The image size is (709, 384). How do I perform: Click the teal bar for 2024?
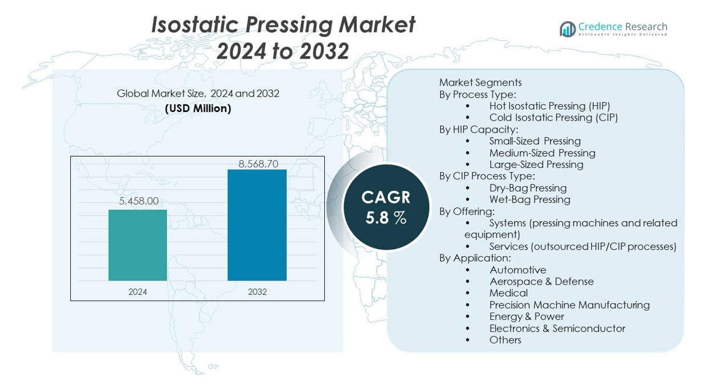click(x=138, y=245)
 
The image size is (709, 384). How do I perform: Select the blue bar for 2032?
click(x=257, y=225)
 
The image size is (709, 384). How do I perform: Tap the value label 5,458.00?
click(x=139, y=201)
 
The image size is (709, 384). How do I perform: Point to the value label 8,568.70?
click(x=258, y=164)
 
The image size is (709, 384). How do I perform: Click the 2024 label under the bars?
click(x=138, y=291)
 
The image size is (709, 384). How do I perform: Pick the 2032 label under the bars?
click(x=257, y=291)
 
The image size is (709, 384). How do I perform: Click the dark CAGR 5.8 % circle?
click(x=386, y=207)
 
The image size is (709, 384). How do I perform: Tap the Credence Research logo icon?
click(x=567, y=29)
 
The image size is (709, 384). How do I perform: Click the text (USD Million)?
click(x=198, y=109)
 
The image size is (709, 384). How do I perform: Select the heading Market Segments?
click(x=480, y=82)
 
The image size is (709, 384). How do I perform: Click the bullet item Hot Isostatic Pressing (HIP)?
click(x=549, y=106)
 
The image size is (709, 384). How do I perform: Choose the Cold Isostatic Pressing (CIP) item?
click(x=553, y=118)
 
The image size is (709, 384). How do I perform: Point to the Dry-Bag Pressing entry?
click(x=528, y=188)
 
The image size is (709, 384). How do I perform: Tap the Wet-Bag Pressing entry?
click(x=529, y=199)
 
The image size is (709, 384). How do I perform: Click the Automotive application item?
click(x=517, y=270)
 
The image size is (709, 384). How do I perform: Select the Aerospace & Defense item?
click(x=541, y=281)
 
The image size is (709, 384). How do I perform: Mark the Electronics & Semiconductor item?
click(x=557, y=328)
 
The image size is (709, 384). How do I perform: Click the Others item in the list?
click(x=505, y=340)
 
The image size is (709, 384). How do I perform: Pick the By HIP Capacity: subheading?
click(x=479, y=129)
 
